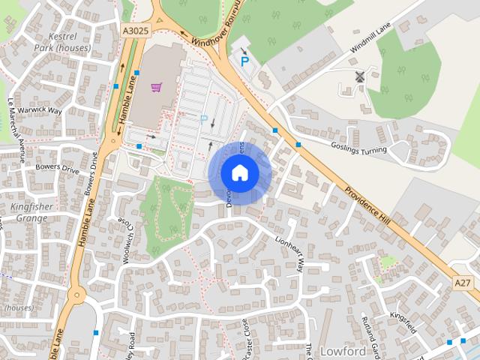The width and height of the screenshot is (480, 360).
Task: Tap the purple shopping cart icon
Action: point(156,87)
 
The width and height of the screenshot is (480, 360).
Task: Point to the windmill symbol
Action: point(358,76)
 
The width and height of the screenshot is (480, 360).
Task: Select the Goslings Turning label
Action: point(358,146)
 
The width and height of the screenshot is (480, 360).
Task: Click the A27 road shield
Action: point(463,282)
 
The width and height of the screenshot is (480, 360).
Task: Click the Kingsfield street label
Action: point(403,321)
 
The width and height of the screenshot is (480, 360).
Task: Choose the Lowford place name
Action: point(343,350)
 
